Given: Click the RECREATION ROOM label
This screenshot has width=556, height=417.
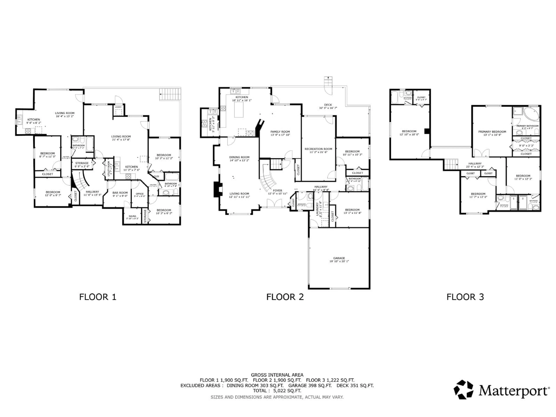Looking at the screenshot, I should [318, 149].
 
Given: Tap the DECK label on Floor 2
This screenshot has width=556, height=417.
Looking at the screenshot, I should [328, 105].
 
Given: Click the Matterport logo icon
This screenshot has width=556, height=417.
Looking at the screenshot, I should [463, 390].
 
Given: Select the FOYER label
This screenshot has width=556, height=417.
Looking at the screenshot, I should [278, 191].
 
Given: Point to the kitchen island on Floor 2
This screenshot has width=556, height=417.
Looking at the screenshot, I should [239, 111].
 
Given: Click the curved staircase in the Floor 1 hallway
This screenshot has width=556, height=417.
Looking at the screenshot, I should [81, 180].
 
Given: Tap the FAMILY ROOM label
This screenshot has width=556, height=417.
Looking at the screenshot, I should [280, 131].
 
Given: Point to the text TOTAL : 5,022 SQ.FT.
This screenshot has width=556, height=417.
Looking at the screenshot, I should [277, 391].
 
